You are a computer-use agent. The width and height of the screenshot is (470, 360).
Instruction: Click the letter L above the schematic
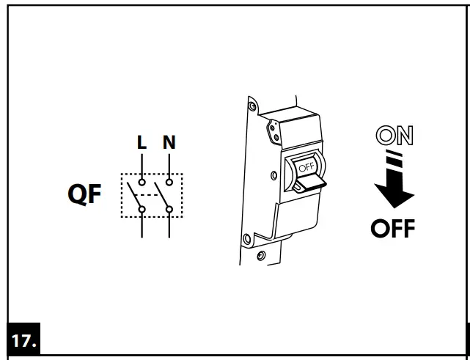coord(142,142)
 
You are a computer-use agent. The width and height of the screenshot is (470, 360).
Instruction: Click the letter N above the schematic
coord(169,142)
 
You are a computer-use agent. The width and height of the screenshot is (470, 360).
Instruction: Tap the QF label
coord(85,196)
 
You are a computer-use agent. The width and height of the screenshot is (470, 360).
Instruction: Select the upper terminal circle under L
coord(142,180)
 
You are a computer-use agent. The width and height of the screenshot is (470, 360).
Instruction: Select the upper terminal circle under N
coord(169,180)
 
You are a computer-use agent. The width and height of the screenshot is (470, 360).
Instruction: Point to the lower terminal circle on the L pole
coord(142,210)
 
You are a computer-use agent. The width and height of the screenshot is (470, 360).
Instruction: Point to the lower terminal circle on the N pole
coord(169,210)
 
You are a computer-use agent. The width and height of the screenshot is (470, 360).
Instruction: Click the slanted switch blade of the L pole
coord(135,196)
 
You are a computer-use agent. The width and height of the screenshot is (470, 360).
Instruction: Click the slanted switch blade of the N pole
coord(162,196)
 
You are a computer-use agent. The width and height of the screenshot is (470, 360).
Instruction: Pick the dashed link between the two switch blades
coord(152,196)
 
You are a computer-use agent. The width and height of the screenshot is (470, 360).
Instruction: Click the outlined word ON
coord(394,136)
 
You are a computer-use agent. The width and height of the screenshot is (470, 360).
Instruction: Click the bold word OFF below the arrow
coord(392,229)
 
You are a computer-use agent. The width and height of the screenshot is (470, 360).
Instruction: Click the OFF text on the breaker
coord(305,166)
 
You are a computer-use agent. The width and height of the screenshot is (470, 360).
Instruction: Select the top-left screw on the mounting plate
coord(253,109)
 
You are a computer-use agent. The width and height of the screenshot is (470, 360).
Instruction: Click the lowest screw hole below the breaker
coord(260,256)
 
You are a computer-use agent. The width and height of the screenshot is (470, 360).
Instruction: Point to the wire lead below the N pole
coord(169,226)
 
